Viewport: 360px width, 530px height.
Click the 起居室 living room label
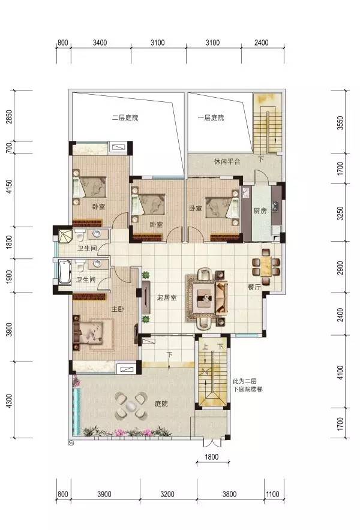pos(167,298)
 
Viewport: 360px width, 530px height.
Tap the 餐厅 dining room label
pos(254,287)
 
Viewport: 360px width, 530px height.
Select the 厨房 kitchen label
pos(260,210)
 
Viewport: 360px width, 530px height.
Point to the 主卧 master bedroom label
pos(118,309)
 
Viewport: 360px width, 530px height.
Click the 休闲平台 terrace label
pos(227,161)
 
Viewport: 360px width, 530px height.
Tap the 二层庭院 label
pos(125,118)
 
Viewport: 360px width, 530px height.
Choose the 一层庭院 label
pos(211,118)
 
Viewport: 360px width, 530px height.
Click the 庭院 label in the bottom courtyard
pos(161,403)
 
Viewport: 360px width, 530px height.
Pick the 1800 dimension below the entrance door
pos(211,457)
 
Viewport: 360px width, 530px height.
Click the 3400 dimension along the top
pos(100,43)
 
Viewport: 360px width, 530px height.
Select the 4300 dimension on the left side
pos(9,401)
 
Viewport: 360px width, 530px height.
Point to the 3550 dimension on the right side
pos(340,123)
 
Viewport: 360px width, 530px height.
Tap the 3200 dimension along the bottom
pos(167,494)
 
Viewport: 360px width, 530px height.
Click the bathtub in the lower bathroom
pos(65,272)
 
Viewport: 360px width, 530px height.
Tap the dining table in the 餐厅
pos(266,267)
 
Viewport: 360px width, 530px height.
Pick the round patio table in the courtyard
pos(131,406)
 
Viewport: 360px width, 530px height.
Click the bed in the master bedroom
pos(94,333)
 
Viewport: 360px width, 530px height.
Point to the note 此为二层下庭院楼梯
pos(248,385)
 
